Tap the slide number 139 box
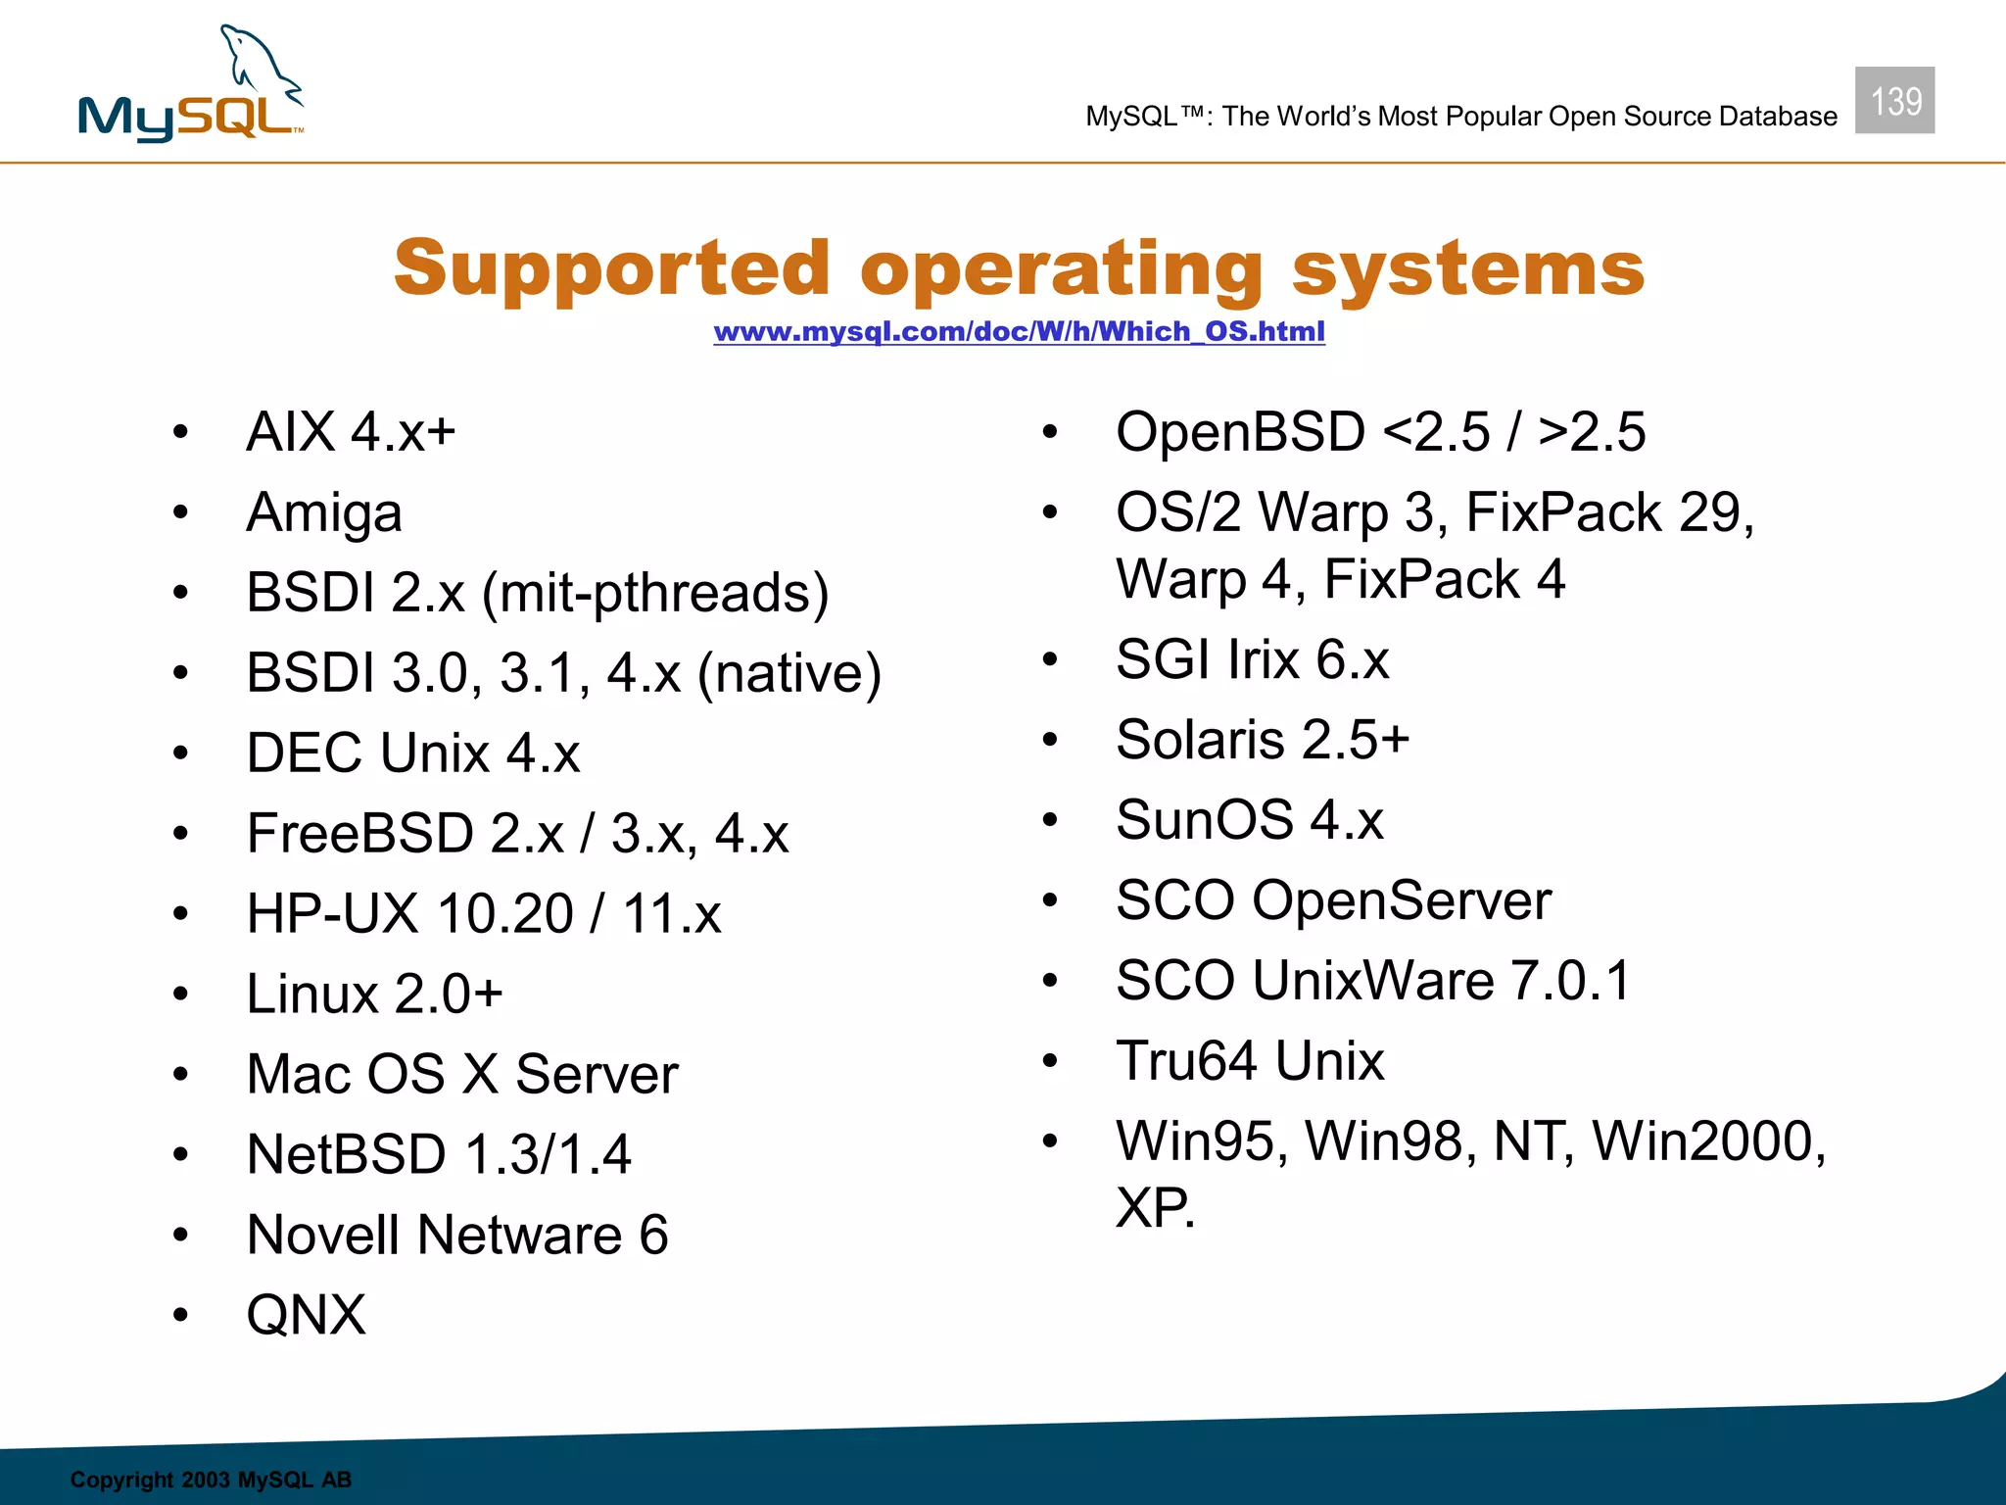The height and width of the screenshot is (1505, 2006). [1894, 101]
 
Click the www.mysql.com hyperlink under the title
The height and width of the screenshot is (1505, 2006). [1019, 331]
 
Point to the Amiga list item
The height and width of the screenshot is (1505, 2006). [324, 512]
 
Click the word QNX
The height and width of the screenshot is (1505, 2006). [306, 1315]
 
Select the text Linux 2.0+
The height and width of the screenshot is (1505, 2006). [374, 994]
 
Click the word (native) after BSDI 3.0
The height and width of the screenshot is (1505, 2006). [788, 673]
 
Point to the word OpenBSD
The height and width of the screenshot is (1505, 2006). [1239, 432]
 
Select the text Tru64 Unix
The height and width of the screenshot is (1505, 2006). [1250, 1061]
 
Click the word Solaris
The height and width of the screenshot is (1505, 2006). [1200, 740]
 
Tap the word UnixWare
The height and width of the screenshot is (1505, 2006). [1372, 981]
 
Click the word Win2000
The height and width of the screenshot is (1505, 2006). [1707, 1141]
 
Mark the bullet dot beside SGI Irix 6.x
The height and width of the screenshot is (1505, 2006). [1050, 659]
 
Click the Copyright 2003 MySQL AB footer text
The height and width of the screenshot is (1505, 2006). [211, 1480]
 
